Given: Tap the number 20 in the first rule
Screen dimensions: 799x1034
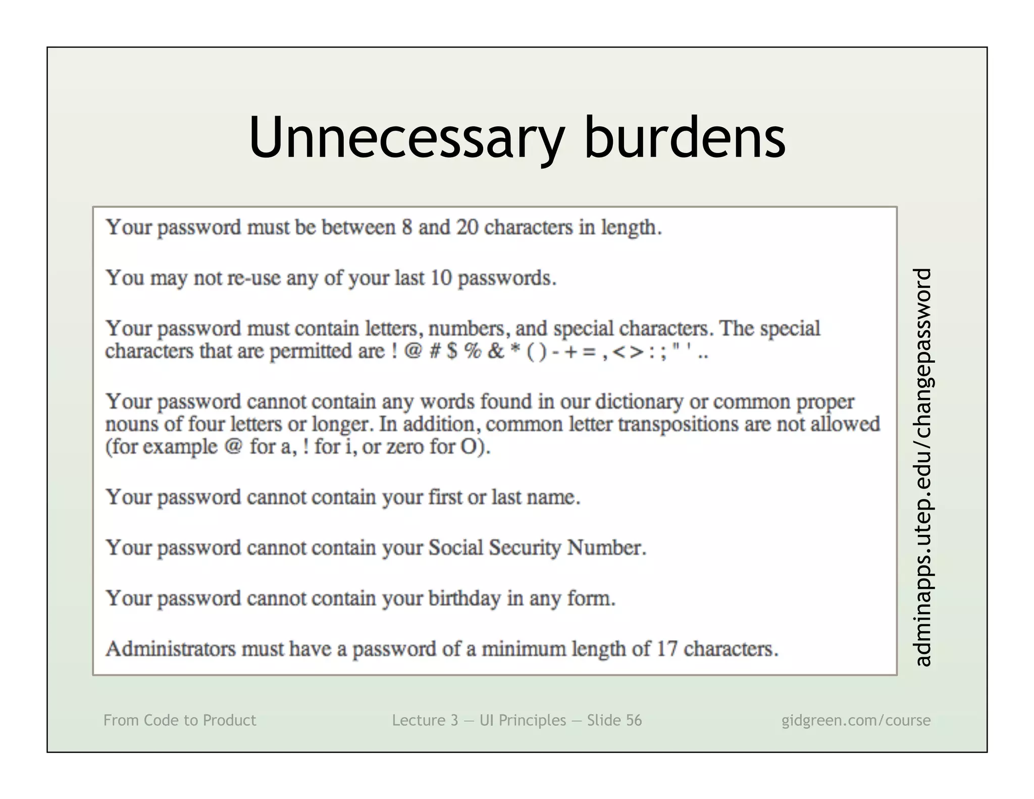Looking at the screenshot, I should tap(467, 228).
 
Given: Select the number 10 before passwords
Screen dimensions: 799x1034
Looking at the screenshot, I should tap(441, 278).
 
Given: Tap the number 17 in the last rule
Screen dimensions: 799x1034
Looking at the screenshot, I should tap(666, 649).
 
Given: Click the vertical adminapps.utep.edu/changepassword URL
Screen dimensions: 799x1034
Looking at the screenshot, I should tap(923, 467).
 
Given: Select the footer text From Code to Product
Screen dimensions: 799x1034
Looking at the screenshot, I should tap(180, 720).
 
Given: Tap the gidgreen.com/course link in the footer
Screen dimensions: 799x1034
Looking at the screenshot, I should tap(856, 720).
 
